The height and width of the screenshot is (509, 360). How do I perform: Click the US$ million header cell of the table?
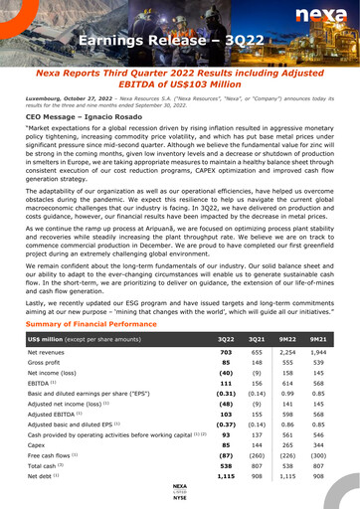point(109,339)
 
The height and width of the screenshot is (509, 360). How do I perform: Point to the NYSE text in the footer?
point(180,497)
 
